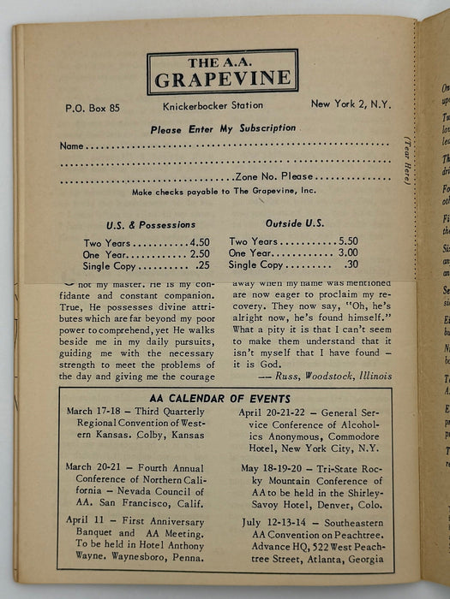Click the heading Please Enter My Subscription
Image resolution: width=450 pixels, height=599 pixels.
[223, 129]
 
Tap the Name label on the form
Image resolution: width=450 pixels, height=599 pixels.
[72, 145]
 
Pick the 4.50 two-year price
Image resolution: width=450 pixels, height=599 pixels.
[199, 242]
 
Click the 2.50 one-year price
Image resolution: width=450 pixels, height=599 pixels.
[199, 254]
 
